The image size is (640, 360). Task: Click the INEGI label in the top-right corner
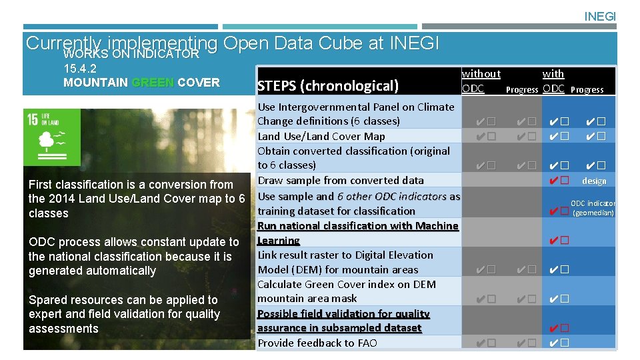pos(600,16)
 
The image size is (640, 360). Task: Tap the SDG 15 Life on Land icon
pos(52,138)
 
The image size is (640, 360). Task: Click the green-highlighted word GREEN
pos(153,83)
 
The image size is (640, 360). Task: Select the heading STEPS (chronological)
pos(327,85)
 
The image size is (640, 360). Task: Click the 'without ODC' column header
pos(480,81)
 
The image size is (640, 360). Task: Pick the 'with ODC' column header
pos(553,81)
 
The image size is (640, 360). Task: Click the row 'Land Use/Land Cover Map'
pos(321,136)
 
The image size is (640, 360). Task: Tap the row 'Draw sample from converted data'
pos(340,180)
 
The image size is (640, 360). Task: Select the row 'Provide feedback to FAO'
pos(317,343)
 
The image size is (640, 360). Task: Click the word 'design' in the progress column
pos(593,181)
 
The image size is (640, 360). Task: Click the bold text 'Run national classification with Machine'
pos(358,225)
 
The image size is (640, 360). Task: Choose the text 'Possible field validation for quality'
pos(343,313)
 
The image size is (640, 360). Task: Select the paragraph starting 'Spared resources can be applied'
pos(124,314)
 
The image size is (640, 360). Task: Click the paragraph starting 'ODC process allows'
pos(133,256)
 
